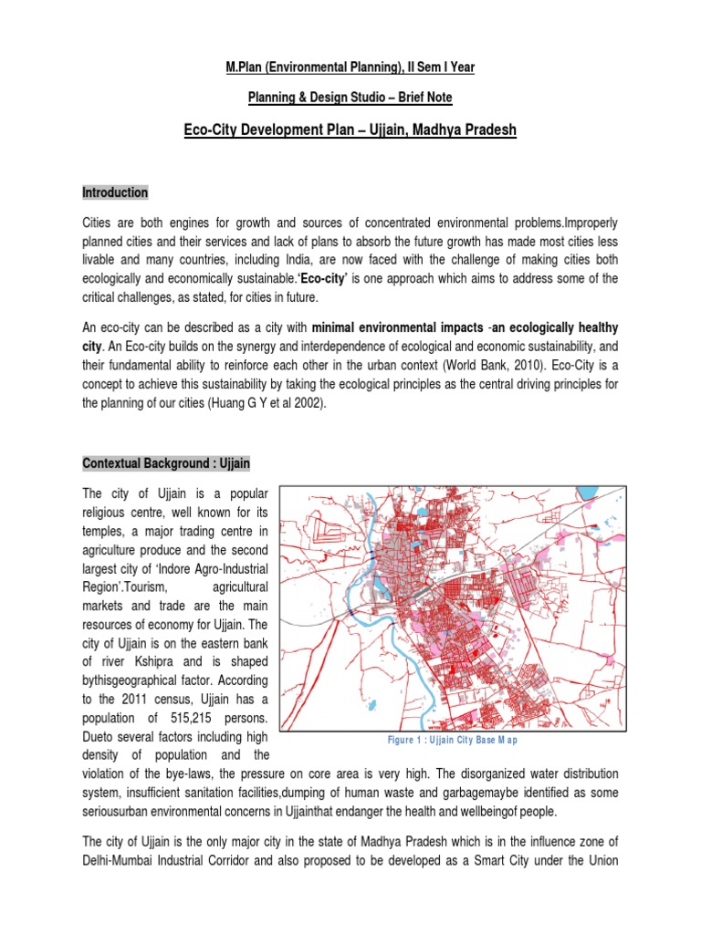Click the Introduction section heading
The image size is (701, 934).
pyautogui.click(x=115, y=193)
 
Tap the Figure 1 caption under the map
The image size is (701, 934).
pyautogui.click(x=453, y=739)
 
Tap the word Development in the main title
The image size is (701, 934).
pyautogui.click(x=287, y=130)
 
